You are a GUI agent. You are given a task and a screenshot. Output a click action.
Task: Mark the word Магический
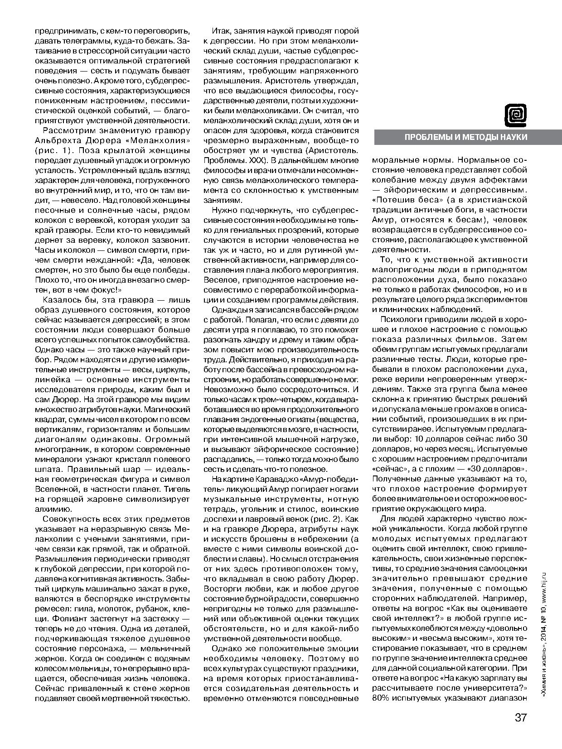tap(167, 409)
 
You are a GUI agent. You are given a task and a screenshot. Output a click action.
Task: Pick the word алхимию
tap(54, 509)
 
